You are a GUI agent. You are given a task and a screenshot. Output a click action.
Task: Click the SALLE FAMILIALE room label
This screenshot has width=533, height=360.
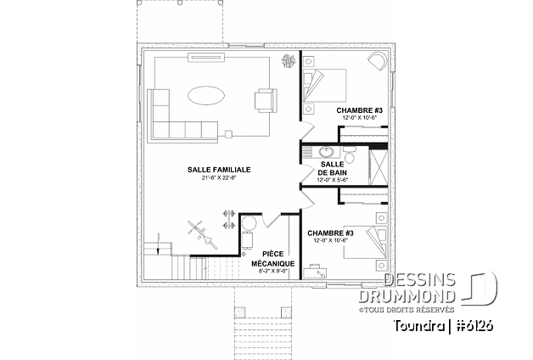pos(219,170)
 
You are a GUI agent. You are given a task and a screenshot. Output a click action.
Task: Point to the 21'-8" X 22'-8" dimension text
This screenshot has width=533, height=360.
pos(219,178)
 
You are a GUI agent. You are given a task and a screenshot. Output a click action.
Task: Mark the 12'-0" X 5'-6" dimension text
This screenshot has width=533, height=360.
pos(331,180)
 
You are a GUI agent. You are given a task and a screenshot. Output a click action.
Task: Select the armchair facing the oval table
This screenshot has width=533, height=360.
pos(265,99)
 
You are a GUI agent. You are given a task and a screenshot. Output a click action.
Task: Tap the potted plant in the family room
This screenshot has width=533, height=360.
pos(289,61)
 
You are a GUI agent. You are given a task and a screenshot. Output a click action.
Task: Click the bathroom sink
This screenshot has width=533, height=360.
pos(327,153)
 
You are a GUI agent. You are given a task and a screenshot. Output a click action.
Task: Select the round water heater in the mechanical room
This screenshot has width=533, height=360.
pos(249,224)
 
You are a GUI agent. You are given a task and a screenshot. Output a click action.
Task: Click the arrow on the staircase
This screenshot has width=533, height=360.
pos(159,248)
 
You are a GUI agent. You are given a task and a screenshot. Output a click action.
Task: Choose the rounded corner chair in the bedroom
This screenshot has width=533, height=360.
pos(377,61)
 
